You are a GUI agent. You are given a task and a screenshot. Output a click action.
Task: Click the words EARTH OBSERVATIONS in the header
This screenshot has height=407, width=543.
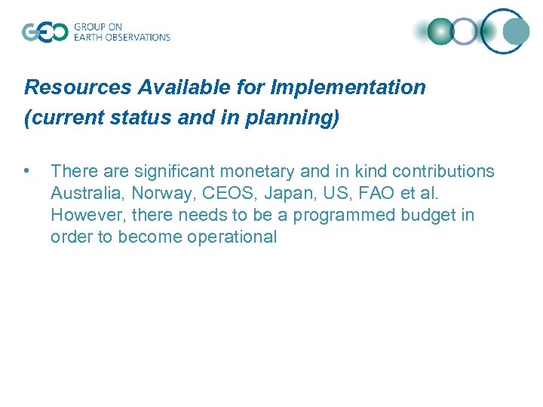click(122, 37)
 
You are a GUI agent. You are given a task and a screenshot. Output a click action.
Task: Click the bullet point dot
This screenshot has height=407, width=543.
click(28, 171)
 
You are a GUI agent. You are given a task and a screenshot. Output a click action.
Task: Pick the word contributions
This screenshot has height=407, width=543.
click(443, 172)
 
